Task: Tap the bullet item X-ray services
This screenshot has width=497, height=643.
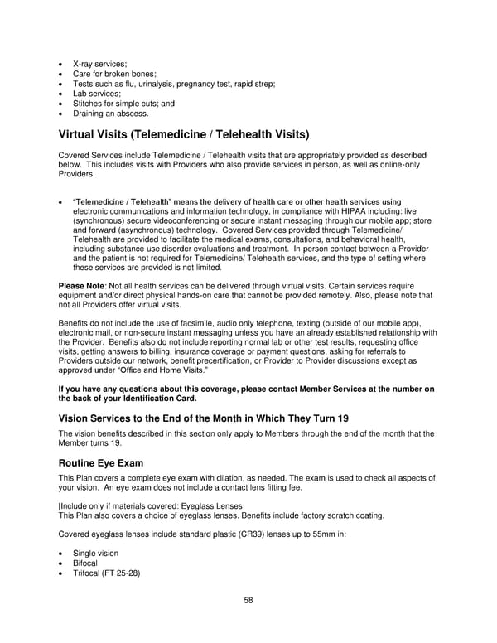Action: [100, 64]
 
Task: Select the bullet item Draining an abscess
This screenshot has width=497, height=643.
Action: [111, 114]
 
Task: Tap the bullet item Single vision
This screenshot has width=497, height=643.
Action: [95, 553]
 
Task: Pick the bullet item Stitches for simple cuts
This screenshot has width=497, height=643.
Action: [122, 104]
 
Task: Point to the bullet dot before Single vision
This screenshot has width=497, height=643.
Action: [61, 554]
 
